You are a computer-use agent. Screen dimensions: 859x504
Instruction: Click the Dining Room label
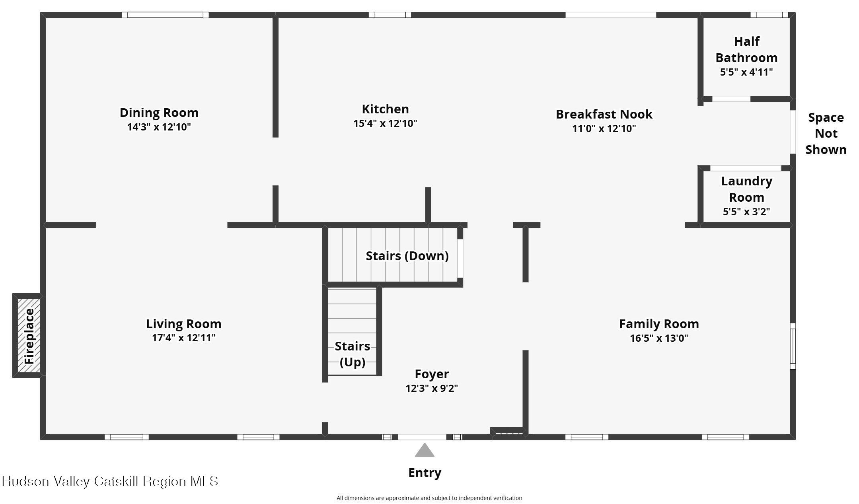(x=159, y=113)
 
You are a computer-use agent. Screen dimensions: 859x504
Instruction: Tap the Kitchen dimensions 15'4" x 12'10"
(x=385, y=123)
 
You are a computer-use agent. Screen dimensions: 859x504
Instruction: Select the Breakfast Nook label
(x=604, y=114)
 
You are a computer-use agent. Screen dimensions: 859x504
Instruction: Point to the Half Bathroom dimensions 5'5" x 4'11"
(x=746, y=72)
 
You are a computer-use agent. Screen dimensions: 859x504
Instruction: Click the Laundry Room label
(x=747, y=189)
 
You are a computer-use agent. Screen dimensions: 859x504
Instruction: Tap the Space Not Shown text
(x=826, y=134)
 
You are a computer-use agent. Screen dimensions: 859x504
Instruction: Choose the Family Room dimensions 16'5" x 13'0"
(x=659, y=338)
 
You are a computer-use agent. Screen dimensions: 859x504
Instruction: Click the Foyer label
(x=432, y=374)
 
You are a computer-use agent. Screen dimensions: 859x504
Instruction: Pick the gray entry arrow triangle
(x=425, y=450)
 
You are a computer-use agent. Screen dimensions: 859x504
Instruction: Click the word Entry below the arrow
(x=425, y=473)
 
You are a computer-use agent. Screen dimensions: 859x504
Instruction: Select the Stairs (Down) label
(x=407, y=256)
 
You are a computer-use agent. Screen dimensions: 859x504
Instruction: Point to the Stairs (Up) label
(x=353, y=354)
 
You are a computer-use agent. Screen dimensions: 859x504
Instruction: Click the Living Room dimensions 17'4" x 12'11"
(x=183, y=338)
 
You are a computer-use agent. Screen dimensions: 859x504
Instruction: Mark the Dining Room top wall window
(x=165, y=15)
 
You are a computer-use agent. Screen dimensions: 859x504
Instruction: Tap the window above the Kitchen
(x=390, y=15)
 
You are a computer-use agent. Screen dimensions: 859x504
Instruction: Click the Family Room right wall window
(x=793, y=346)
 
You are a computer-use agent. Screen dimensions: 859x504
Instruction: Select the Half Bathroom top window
(x=769, y=15)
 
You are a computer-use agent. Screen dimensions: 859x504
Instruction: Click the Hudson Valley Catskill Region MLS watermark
(x=110, y=481)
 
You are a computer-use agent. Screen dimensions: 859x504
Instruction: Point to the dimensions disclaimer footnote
(x=429, y=498)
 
